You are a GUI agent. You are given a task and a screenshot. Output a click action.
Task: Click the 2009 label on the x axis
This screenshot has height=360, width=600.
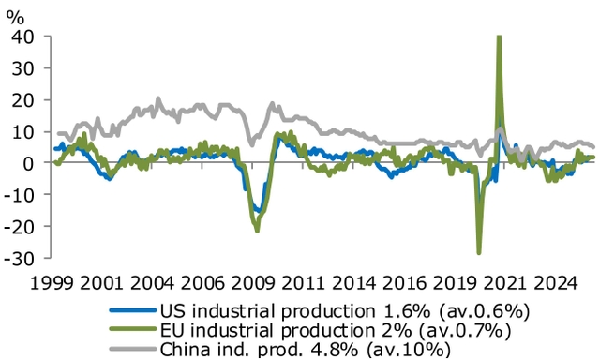tap(254, 280)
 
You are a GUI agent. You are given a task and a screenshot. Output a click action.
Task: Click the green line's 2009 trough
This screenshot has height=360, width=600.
tap(256, 231)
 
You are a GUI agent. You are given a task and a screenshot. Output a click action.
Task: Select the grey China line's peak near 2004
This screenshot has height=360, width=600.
tap(157, 98)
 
